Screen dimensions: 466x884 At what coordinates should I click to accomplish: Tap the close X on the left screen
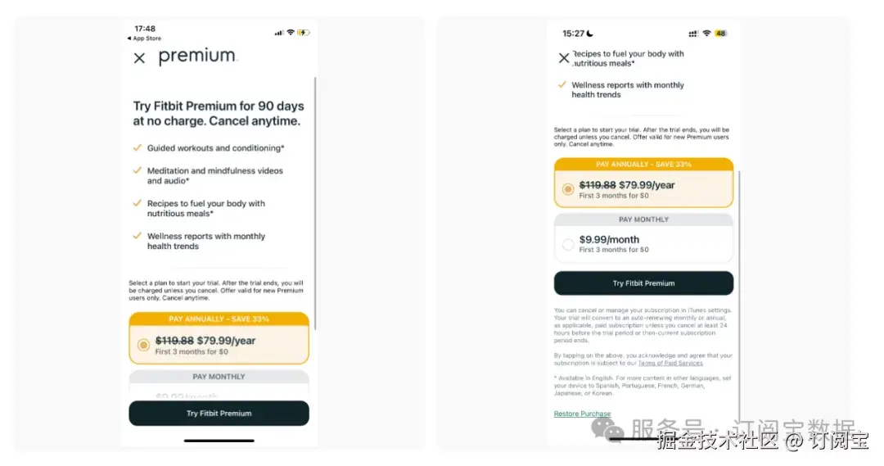[x=139, y=58]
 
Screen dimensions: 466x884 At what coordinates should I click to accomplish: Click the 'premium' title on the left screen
[x=197, y=57]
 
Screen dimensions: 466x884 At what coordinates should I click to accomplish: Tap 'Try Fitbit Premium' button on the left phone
[x=219, y=414]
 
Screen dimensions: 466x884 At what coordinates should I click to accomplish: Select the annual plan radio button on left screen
[x=143, y=346]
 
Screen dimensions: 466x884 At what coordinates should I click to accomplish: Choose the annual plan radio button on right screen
[x=568, y=189]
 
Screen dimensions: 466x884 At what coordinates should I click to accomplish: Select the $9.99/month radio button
[x=568, y=244]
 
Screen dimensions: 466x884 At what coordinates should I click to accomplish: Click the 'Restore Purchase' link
[x=582, y=414]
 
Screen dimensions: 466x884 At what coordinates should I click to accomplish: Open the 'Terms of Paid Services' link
[x=670, y=363]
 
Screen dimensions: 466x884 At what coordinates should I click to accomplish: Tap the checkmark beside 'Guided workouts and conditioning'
[x=138, y=148]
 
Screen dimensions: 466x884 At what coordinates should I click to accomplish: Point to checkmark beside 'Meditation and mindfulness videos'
[x=138, y=170]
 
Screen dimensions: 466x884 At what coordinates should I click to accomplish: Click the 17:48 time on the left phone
[x=145, y=29]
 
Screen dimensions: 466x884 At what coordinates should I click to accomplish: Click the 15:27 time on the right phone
[x=573, y=34]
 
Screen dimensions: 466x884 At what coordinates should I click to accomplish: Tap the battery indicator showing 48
[x=720, y=34]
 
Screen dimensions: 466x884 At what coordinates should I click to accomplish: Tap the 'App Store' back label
[x=145, y=38]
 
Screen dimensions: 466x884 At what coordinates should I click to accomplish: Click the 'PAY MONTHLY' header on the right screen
[x=643, y=219]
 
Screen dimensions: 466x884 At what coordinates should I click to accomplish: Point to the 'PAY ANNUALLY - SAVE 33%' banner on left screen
[x=219, y=319]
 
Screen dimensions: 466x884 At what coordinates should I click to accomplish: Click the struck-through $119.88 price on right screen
[x=597, y=185]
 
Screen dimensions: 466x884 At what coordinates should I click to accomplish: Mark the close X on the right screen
[x=563, y=58]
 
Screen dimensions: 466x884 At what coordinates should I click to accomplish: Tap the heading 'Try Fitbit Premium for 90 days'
[x=219, y=106]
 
